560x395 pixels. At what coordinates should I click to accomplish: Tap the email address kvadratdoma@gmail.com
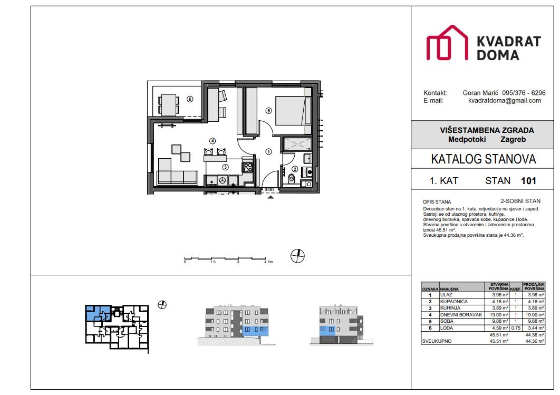point(504,100)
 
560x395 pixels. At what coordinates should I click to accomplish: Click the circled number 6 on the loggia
point(190,99)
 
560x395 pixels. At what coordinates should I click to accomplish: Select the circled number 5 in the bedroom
point(268,111)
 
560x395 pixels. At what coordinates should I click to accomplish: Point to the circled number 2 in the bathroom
point(295,169)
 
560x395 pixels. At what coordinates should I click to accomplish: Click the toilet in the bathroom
point(291,177)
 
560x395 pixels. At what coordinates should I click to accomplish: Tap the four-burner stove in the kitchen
point(247,168)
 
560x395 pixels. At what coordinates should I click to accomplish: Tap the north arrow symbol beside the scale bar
point(298,256)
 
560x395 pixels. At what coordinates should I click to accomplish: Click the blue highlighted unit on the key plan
point(97,315)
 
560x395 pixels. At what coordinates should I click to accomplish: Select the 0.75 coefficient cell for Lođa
point(515,328)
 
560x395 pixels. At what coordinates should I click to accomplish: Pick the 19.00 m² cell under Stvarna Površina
point(498,315)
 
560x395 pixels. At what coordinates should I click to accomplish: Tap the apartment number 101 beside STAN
point(528,181)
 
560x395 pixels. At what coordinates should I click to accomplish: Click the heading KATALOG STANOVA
point(483,159)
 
